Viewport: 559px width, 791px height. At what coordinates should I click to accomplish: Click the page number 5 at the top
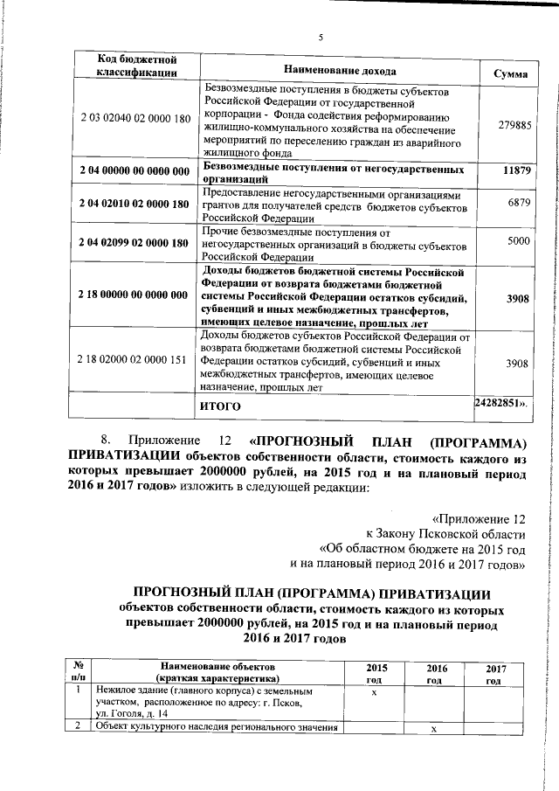tap(321, 37)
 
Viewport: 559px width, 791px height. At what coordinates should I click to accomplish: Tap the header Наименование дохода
tap(340, 70)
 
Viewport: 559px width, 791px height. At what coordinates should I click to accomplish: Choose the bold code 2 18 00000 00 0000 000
tap(135, 295)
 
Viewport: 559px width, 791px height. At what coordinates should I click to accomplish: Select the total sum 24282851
tap(500, 404)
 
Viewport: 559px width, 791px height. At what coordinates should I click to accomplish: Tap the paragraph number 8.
tap(106, 438)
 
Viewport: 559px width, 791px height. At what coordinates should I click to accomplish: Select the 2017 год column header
tap(493, 673)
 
